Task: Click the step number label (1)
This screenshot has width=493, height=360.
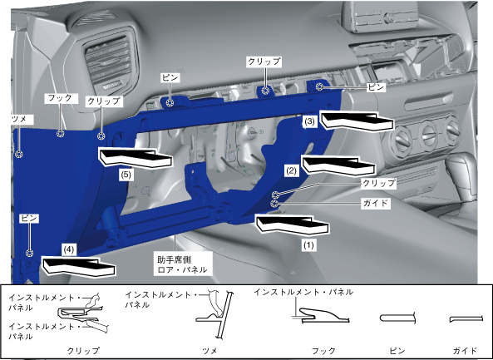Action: point(308,245)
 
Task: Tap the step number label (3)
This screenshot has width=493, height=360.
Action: point(310,121)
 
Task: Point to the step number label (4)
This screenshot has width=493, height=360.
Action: point(69,250)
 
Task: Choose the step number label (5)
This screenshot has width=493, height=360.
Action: point(126,175)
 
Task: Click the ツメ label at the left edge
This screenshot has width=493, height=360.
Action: point(18,120)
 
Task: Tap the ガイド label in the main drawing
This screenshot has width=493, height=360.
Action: point(376,203)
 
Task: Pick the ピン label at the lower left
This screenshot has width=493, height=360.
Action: point(29,218)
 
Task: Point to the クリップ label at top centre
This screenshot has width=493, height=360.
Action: point(264,62)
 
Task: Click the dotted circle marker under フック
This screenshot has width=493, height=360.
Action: point(61,134)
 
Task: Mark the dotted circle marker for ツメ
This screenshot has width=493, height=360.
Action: point(19,154)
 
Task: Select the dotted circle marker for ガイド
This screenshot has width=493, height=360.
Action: point(275,204)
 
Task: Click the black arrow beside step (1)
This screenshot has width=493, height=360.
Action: point(293,224)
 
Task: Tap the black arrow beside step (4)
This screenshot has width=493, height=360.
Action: point(79,267)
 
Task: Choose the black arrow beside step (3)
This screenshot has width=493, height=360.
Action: point(357,120)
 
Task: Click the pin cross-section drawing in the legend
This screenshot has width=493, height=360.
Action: point(398,318)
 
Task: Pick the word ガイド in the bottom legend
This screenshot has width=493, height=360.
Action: point(465,350)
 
